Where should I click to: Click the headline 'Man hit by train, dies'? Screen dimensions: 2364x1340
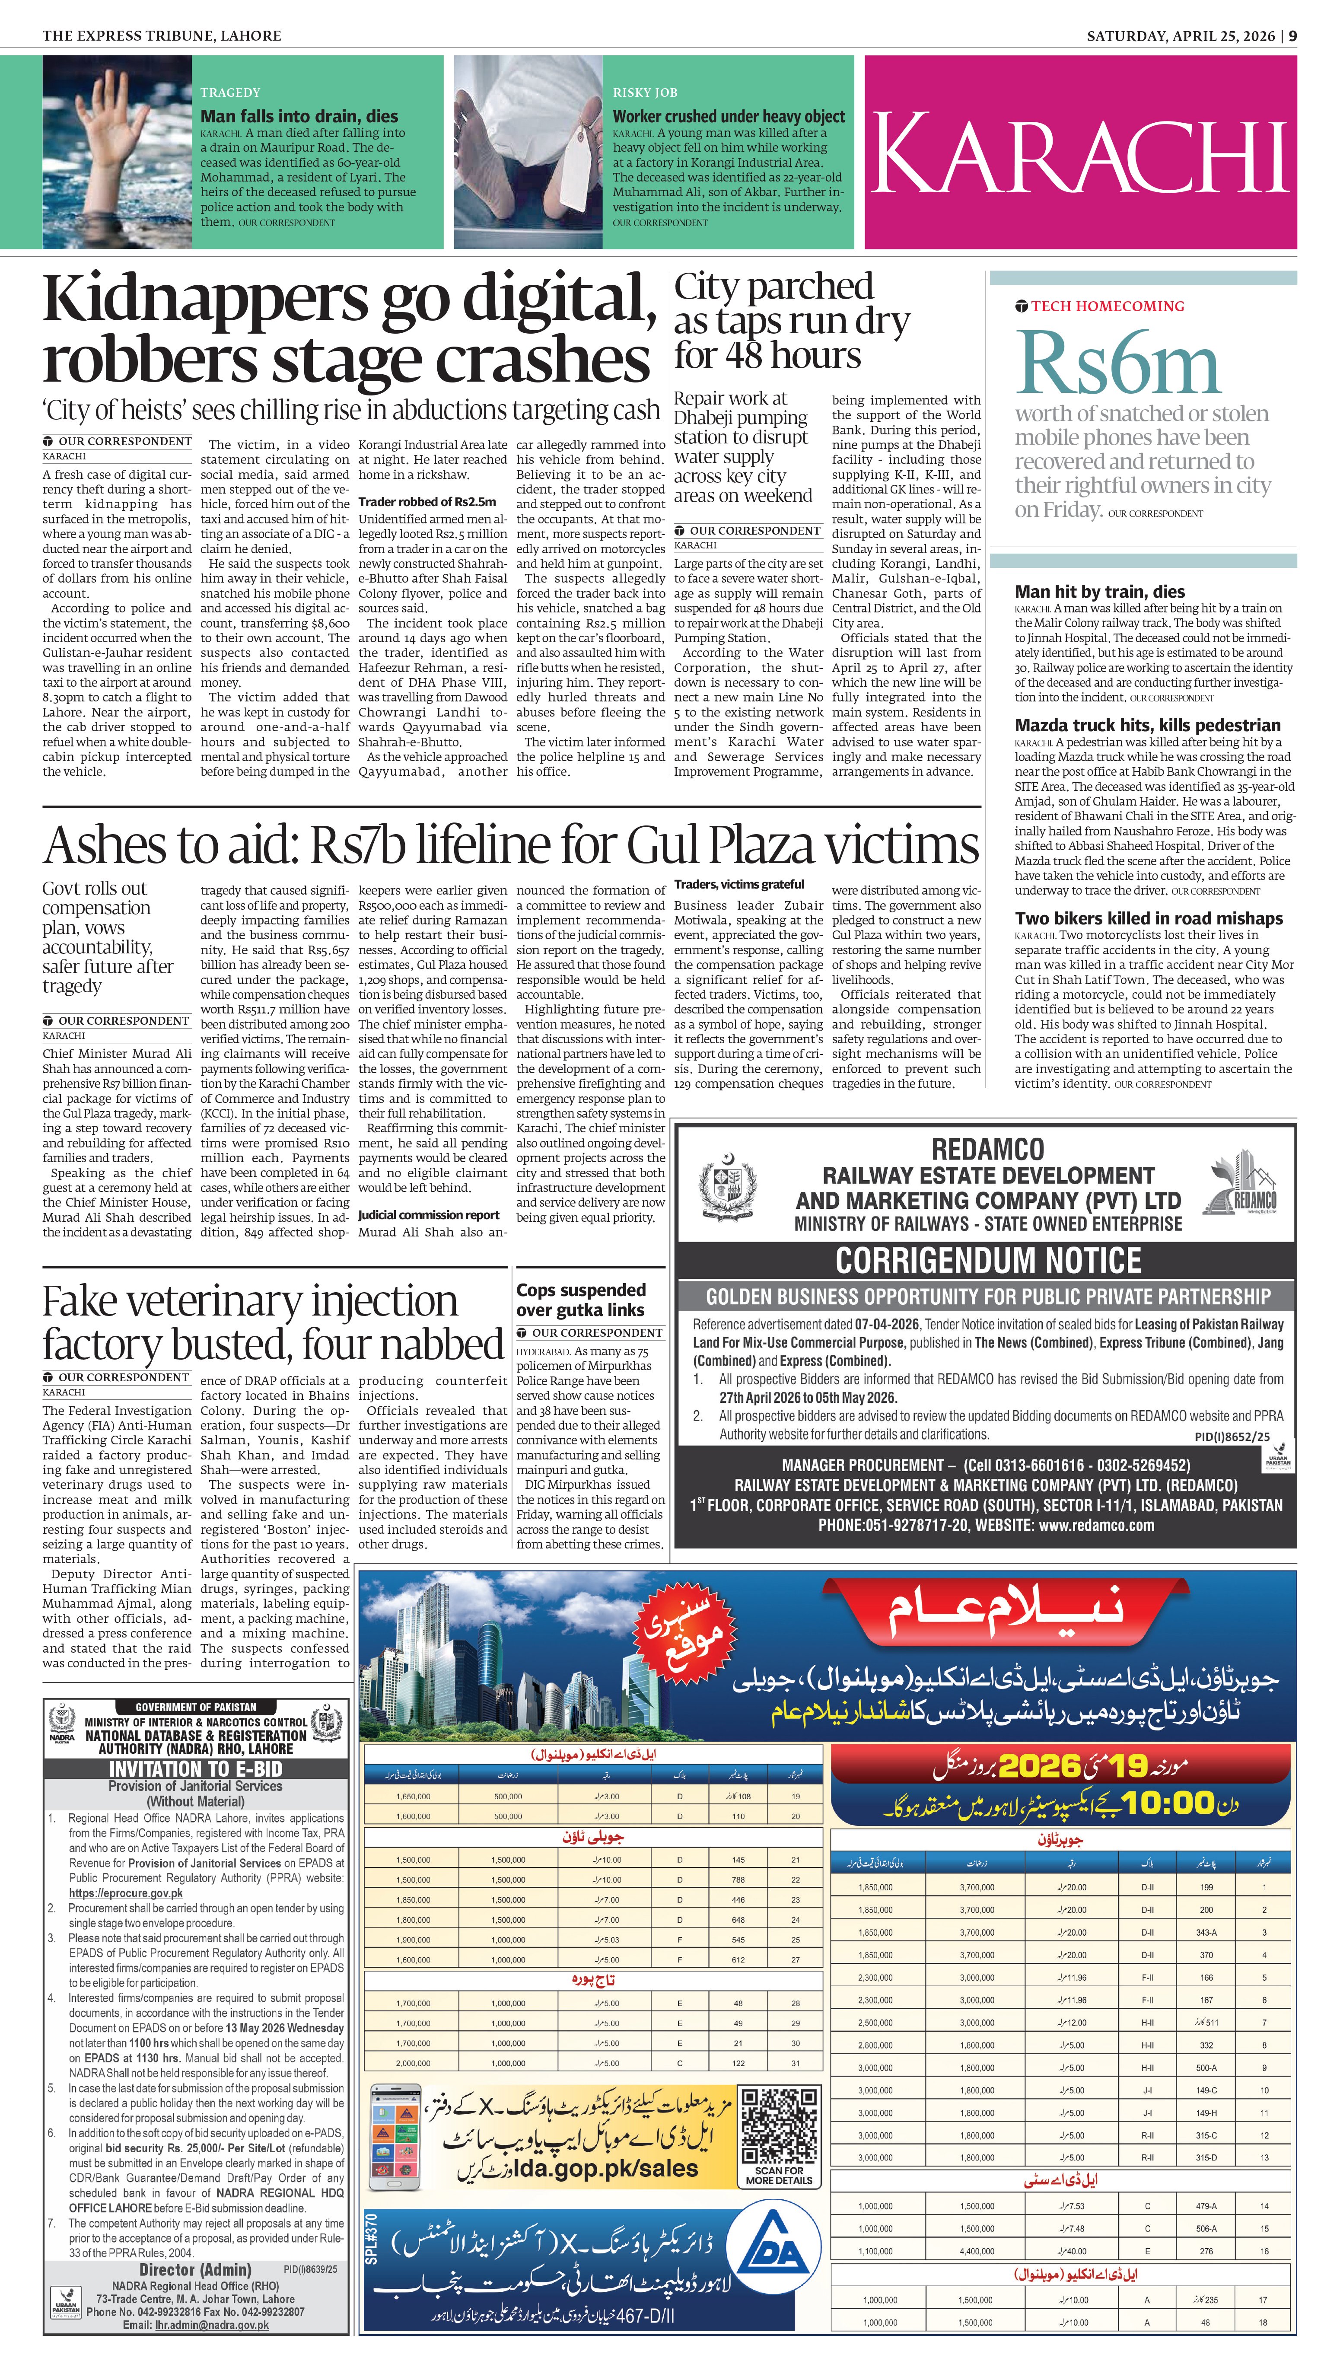tap(1100, 592)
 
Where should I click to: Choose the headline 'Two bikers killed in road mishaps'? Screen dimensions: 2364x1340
tap(1149, 918)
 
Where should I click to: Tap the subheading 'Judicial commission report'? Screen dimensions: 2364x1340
tap(429, 1215)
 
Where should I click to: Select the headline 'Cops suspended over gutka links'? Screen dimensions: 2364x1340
tap(581, 1299)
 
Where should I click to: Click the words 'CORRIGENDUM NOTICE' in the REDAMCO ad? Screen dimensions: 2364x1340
tap(987, 1260)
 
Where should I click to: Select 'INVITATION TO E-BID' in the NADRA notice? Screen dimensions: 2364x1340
tap(195, 1768)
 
